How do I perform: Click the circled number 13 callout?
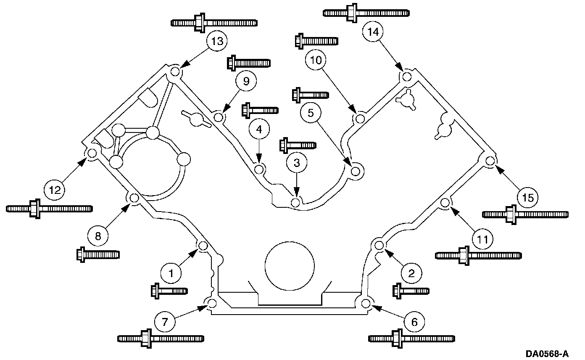pyautogui.click(x=217, y=41)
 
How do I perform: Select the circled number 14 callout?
pyautogui.click(x=373, y=32)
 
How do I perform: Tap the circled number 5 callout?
pyautogui.click(x=311, y=113)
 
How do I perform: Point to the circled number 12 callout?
pyautogui.click(x=55, y=190)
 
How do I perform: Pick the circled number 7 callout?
pyautogui.click(x=165, y=322)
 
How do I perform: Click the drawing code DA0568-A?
pyautogui.click(x=547, y=354)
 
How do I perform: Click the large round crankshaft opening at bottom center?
pyautogui.click(x=290, y=266)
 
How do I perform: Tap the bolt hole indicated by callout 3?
pyautogui.click(x=295, y=203)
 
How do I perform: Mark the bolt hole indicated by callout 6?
pyautogui.click(x=366, y=304)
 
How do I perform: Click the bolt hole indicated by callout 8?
pyautogui.click(x=134, y=198)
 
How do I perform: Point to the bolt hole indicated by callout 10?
pyautogui.click(x=361, y=119)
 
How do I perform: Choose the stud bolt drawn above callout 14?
pyautogui.click(x=366, y=13)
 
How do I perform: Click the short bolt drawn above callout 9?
pyautogui.click(x=249, y=63)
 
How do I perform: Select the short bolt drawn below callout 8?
pyautogui.click(x=98, y=254)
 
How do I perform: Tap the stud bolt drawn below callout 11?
pyautogui.click(x=478, y=255)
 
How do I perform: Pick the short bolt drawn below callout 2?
pyautogui.click(x=411, y=291)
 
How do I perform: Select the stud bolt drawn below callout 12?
pyautogui.click(x=49, y=209)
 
